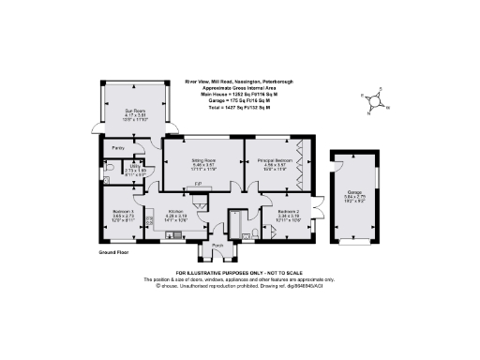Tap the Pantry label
118,148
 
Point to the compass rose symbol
374,101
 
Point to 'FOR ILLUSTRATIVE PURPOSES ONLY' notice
240,272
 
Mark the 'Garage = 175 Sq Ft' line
229,102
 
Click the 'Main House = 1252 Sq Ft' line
229,96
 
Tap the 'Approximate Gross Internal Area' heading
229,89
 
